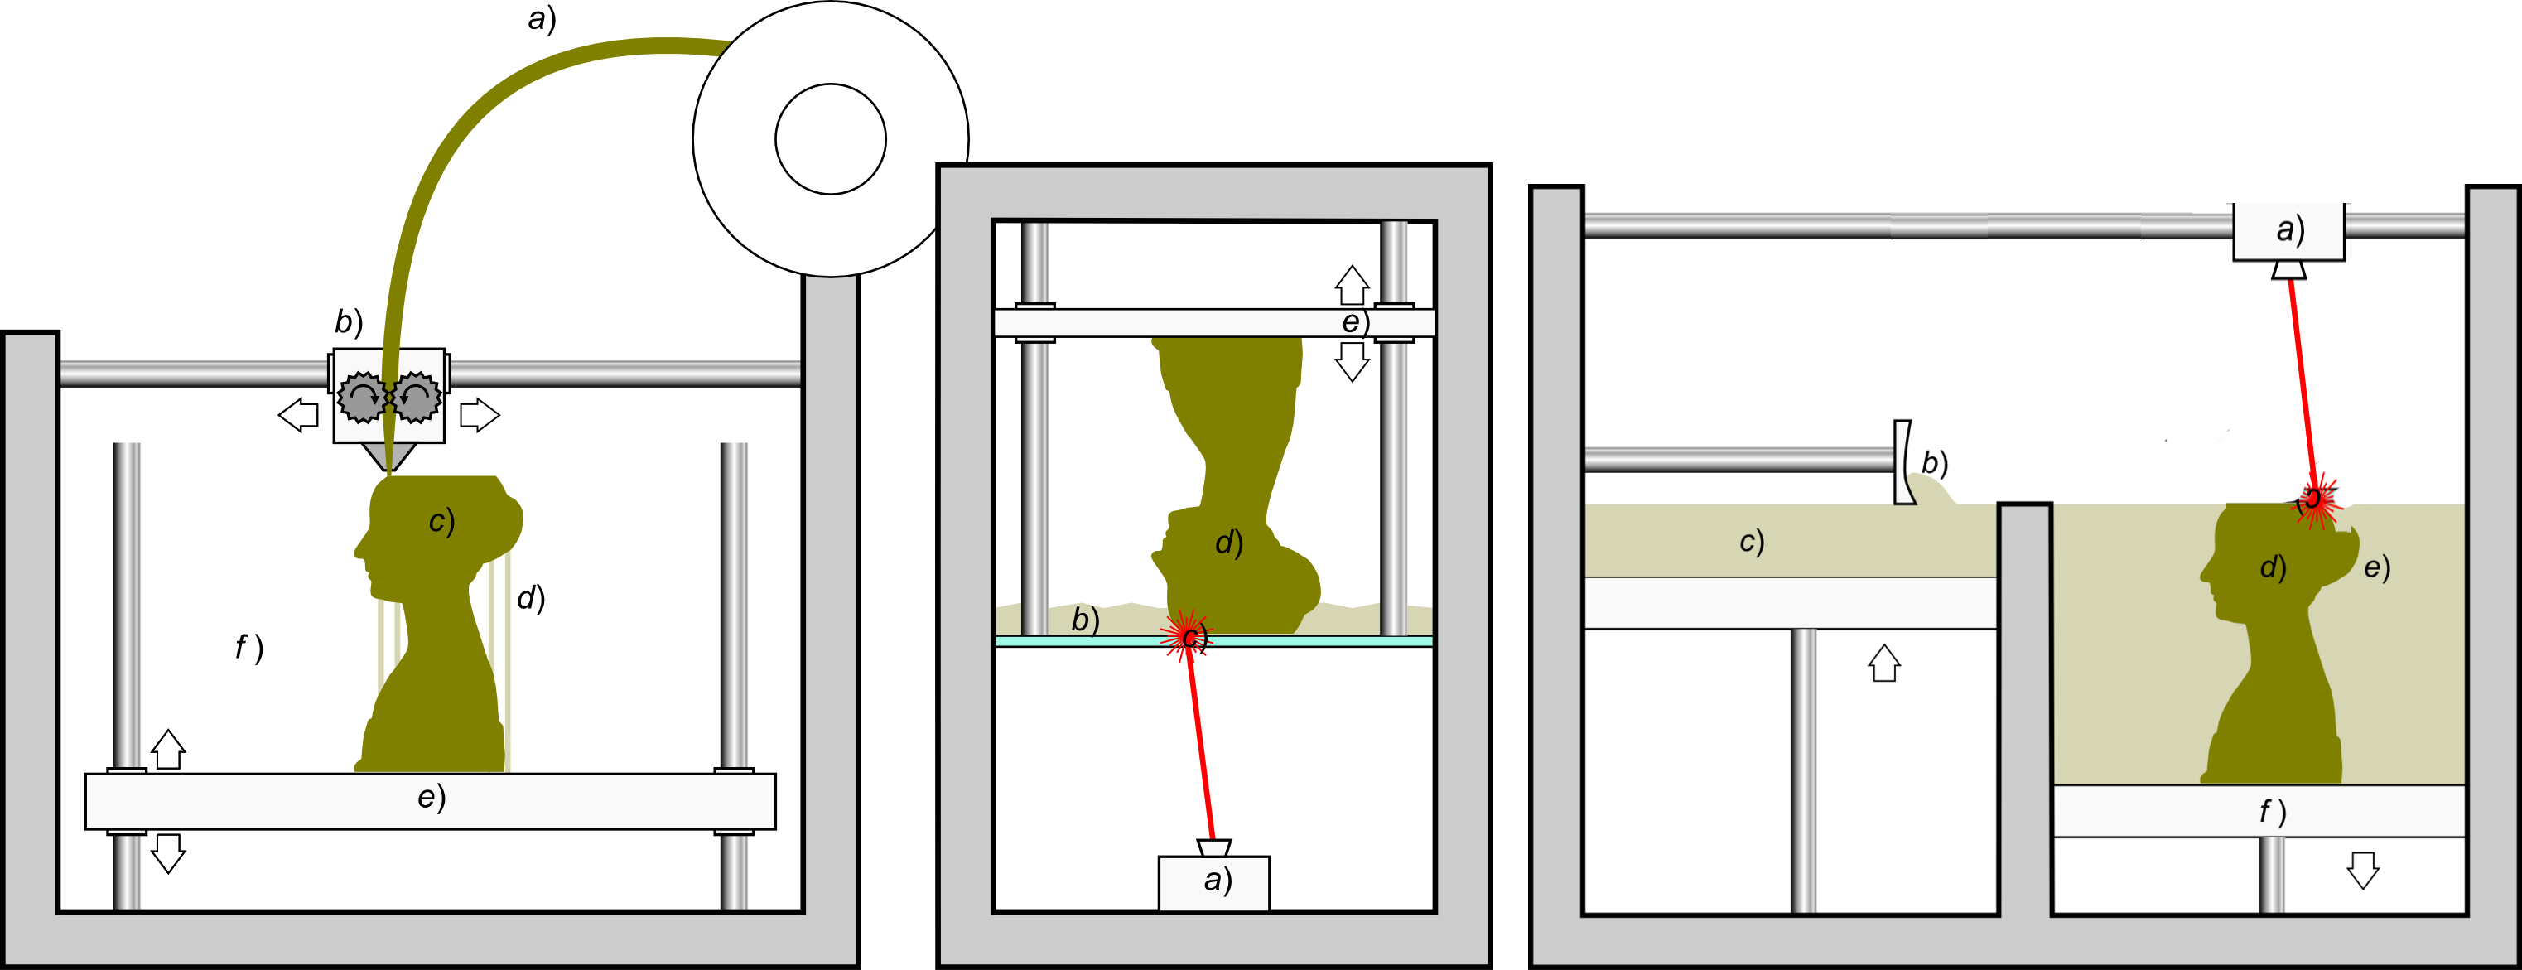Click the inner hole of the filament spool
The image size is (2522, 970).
(830, 139)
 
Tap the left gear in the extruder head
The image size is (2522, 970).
(362, 397)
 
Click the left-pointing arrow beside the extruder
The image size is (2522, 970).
(299, 415)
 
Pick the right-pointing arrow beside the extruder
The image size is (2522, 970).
(479, 415)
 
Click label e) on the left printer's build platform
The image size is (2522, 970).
(431, 798)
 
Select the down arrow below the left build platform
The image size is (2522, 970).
(168, 852)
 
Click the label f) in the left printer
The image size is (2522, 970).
(248, 647)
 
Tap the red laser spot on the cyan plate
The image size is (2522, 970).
(1187, 635)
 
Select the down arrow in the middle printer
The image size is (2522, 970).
(1352, 362)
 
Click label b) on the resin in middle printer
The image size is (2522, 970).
(1085, 619)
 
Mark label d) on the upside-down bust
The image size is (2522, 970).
(1228, 543)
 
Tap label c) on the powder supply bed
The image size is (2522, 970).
(1752, 541)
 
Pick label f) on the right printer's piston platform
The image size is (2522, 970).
(2271, 812)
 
